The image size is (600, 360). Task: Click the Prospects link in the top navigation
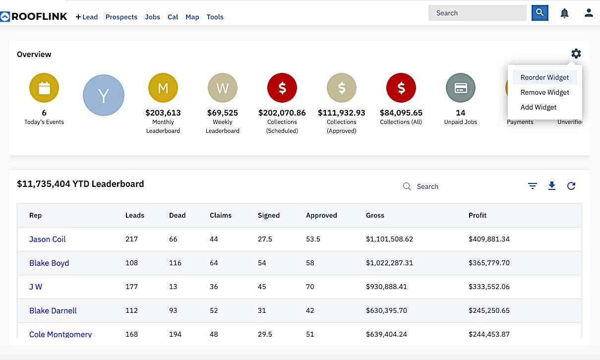(x=121, y=17)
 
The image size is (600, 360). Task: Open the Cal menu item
(x=173, y=17)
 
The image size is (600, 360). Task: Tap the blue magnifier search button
(x=540, y=13)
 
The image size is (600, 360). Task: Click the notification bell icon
(x=564, y=13)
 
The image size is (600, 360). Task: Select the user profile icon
(x=589, y=13)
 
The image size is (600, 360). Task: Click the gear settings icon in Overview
(x=576, y=54)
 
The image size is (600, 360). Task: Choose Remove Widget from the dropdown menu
(x=544, y=92)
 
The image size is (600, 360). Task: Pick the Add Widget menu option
(x=538, y=107)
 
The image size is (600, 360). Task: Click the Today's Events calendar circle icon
(x=44, y=88)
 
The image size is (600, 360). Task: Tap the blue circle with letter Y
(x=103, y=95)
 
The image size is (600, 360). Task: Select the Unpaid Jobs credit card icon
(x=460, y=88)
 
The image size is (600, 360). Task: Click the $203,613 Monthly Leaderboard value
(x=163, y=113)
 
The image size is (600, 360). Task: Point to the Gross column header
(x=375, y=215)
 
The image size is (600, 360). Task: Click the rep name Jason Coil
(x=47, y=239)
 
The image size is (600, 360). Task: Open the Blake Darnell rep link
(x=53, y=310)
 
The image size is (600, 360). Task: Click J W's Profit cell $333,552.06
(x=488, y=287)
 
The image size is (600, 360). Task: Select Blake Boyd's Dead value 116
(x=175, y=263)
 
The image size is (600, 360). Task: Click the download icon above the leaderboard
(x=552, y=186)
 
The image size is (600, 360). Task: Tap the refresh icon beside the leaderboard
(x=571, y=186)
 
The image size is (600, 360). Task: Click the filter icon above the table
(x=533, y=186)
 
